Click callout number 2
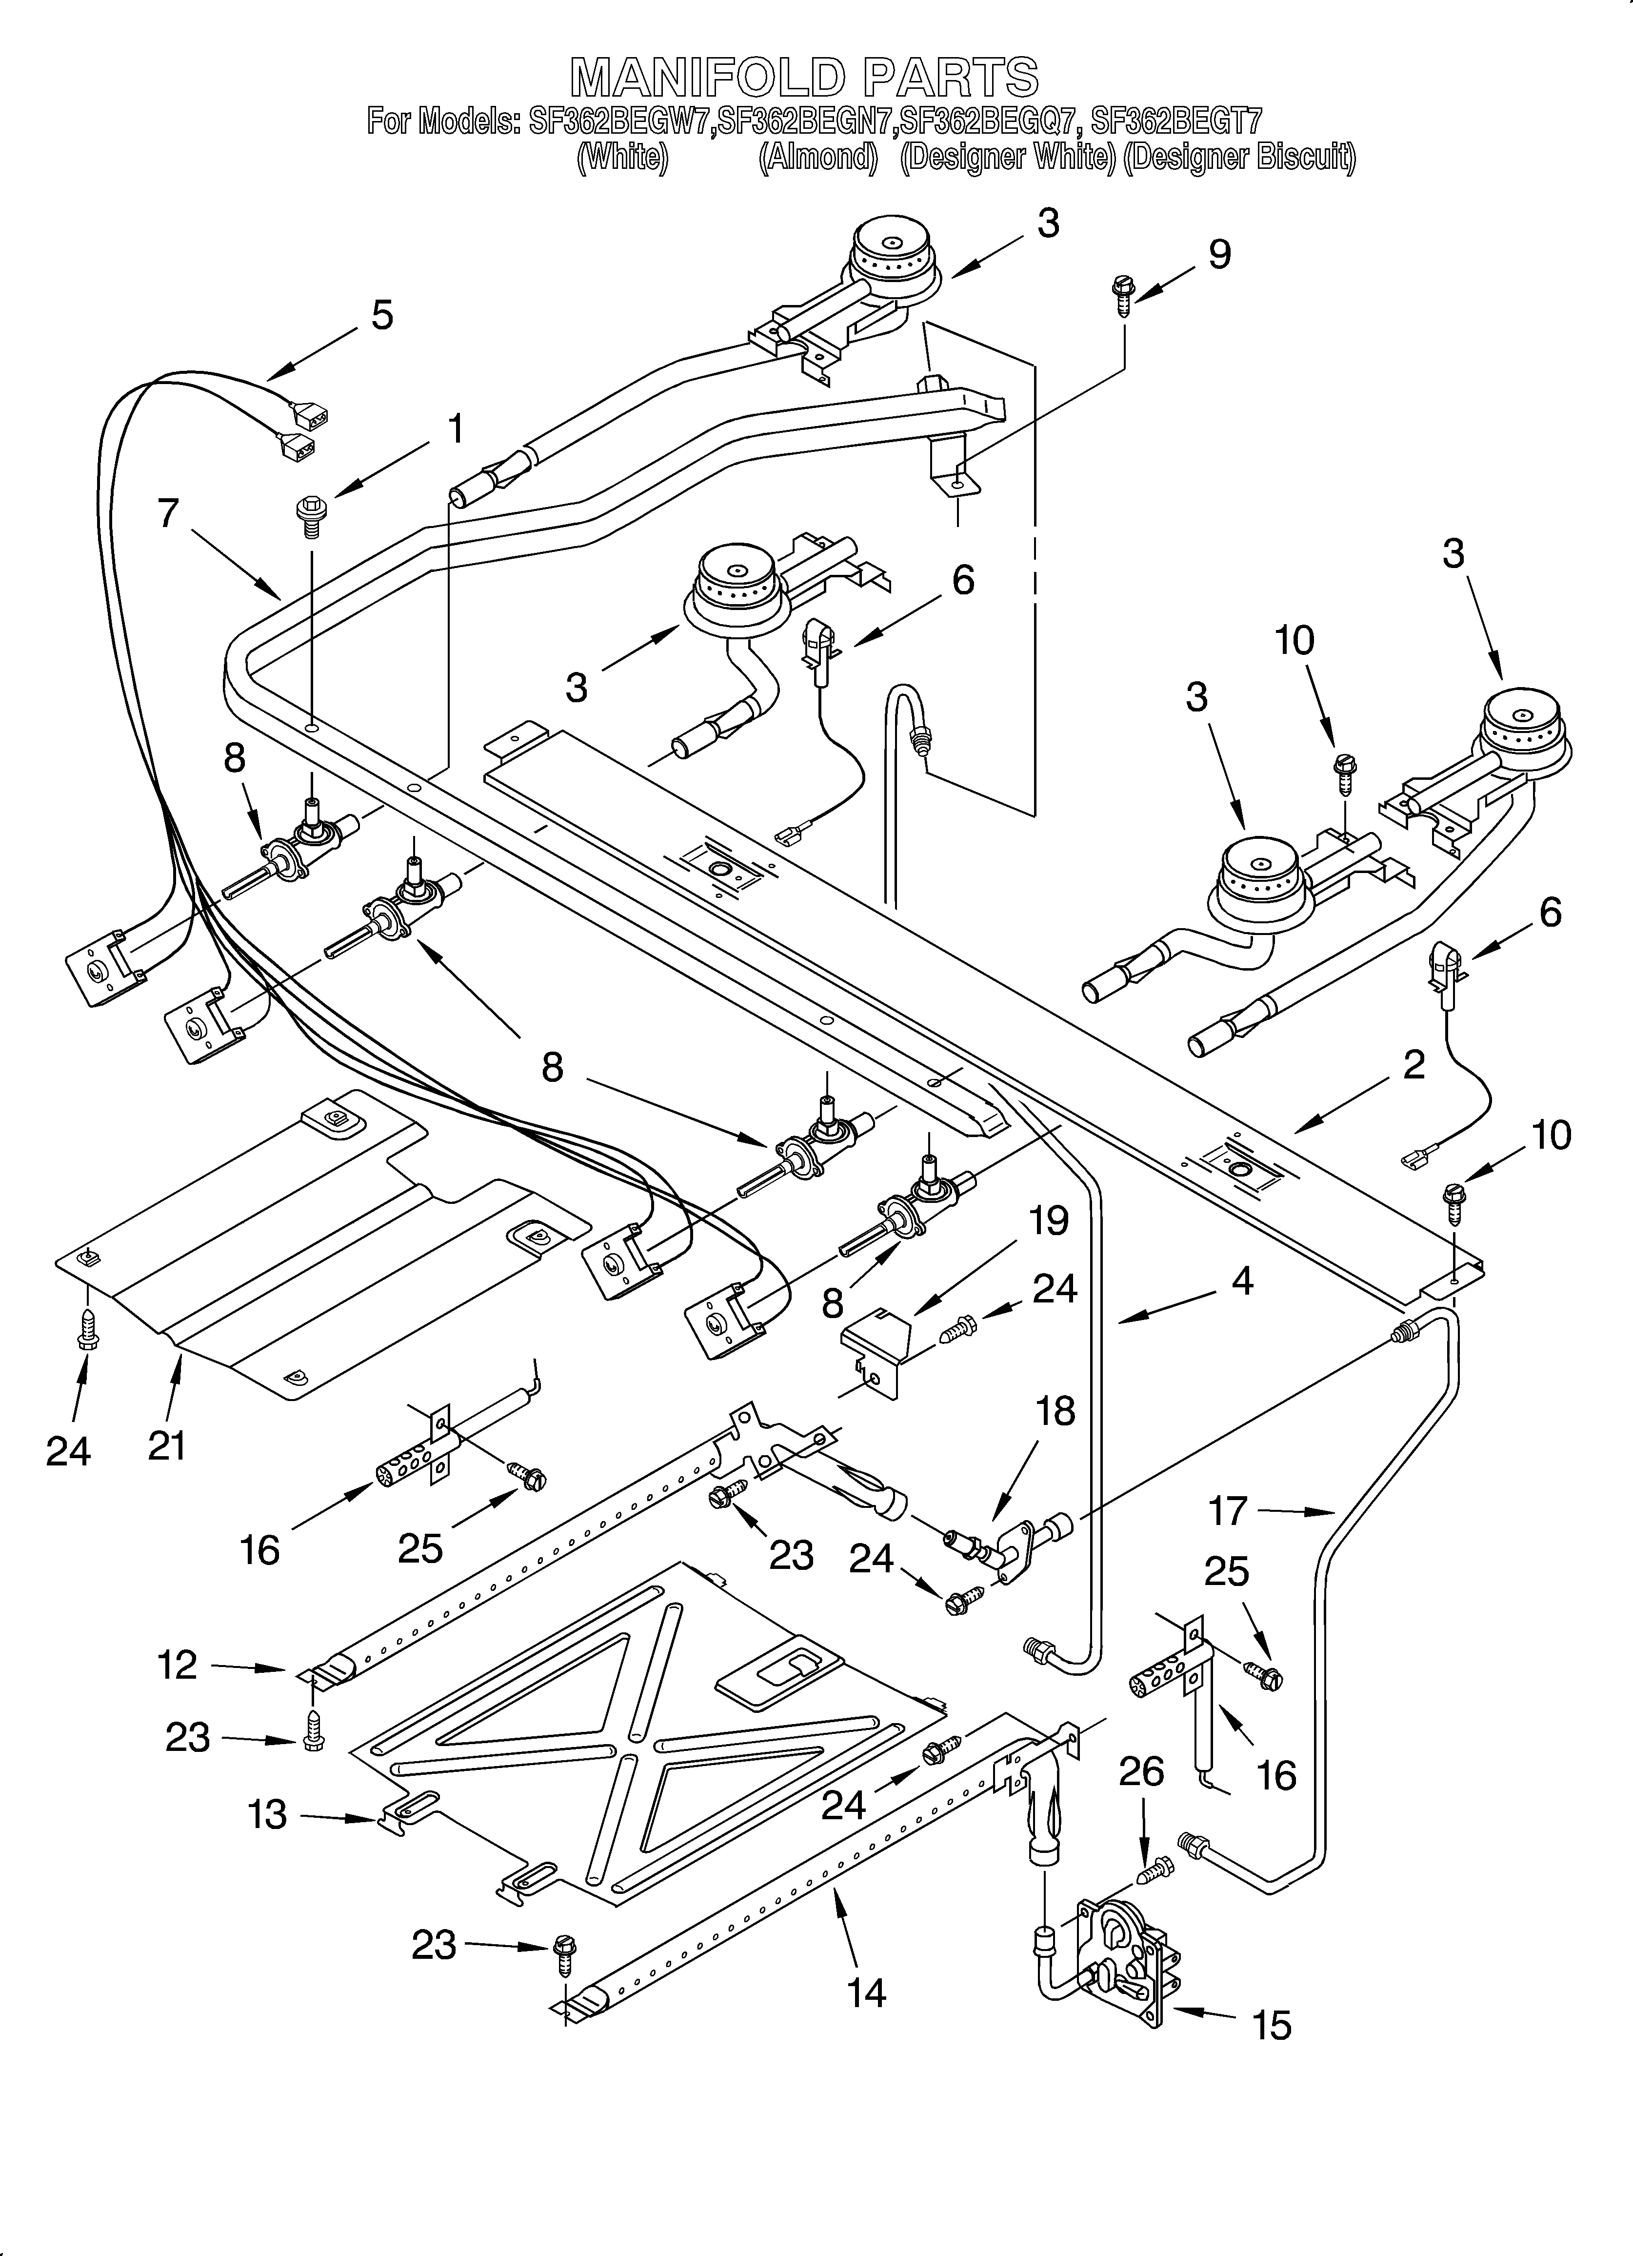1413,1065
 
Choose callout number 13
266,1814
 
